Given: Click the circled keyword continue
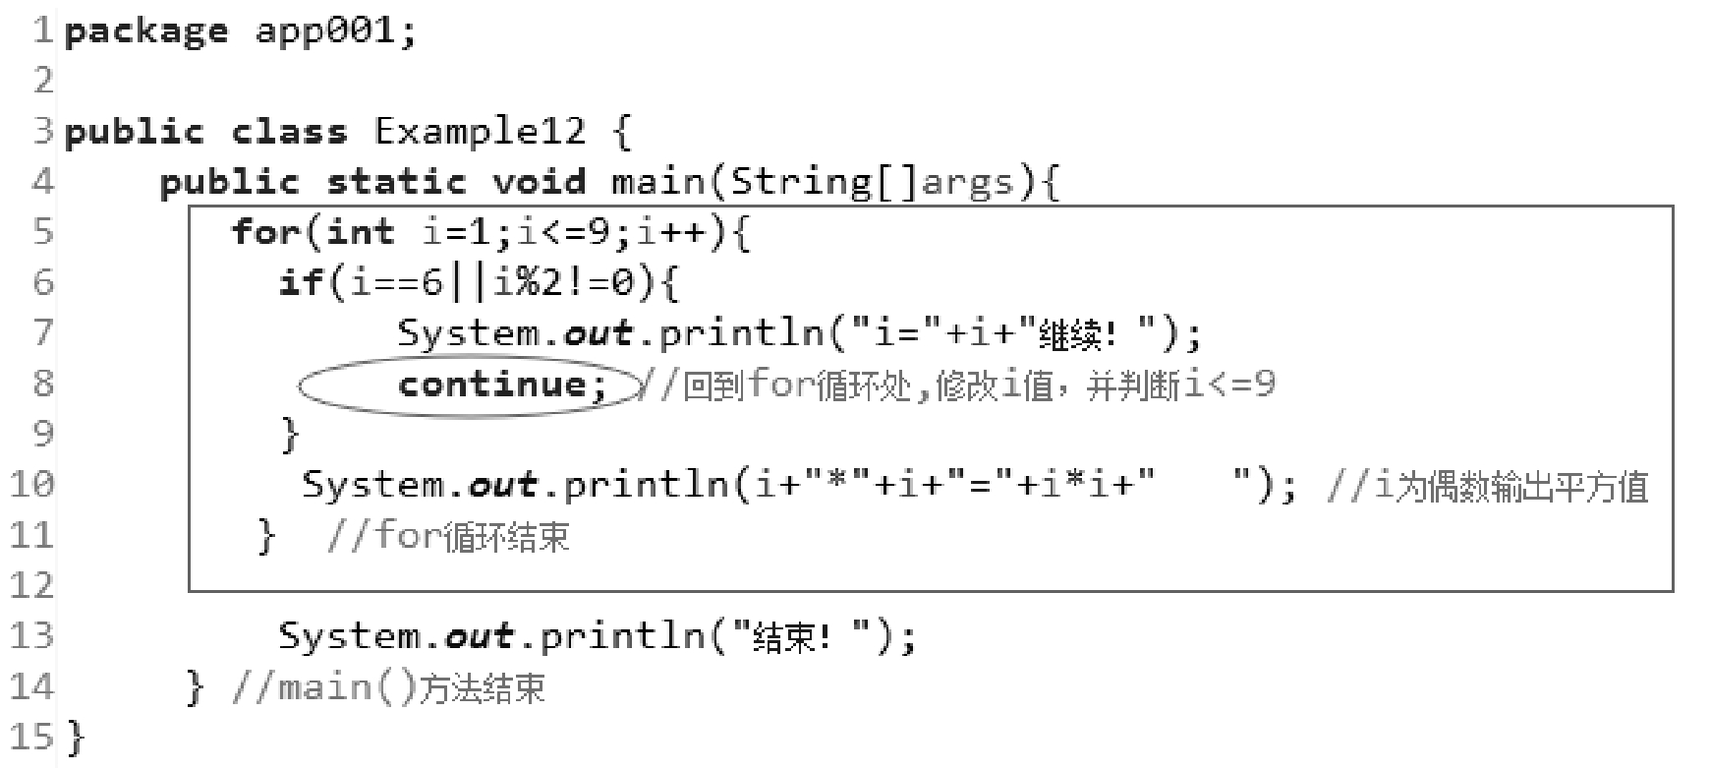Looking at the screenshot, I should pyautogui.click(x=502, y=384).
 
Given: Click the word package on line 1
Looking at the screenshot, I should pyautogui.click(x=145, y=31).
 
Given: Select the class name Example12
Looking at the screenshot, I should pyautogui.click(x=480, y=132).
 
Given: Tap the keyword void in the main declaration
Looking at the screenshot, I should pyautogui.click(x=539, y=182).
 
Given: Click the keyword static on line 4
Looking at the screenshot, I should pyautogui.click(x=396, y=182).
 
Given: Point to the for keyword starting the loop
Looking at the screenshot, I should pyautogui.click(x=265, y=233).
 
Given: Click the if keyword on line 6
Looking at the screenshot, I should pyautogui.click(x=300, y=283).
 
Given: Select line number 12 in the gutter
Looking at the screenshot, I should pyautogui.click(x=30, y=586).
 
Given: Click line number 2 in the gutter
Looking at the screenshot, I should pyautogui.click(x=42, y=81).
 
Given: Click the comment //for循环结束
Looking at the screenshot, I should pyautogui.click(x=447, y=536).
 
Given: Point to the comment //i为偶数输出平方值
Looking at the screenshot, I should pyautogui.click(x=1486, y=486).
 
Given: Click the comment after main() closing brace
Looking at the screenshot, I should pyautogui.click(x=387, y=687).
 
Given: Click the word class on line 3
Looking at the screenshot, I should pyautogui.click(x=289, y=132).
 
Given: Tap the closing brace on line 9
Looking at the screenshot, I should pyautogui.click(x=289, y=434).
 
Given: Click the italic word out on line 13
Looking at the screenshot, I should pyautogui.click(x=479, y=636).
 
